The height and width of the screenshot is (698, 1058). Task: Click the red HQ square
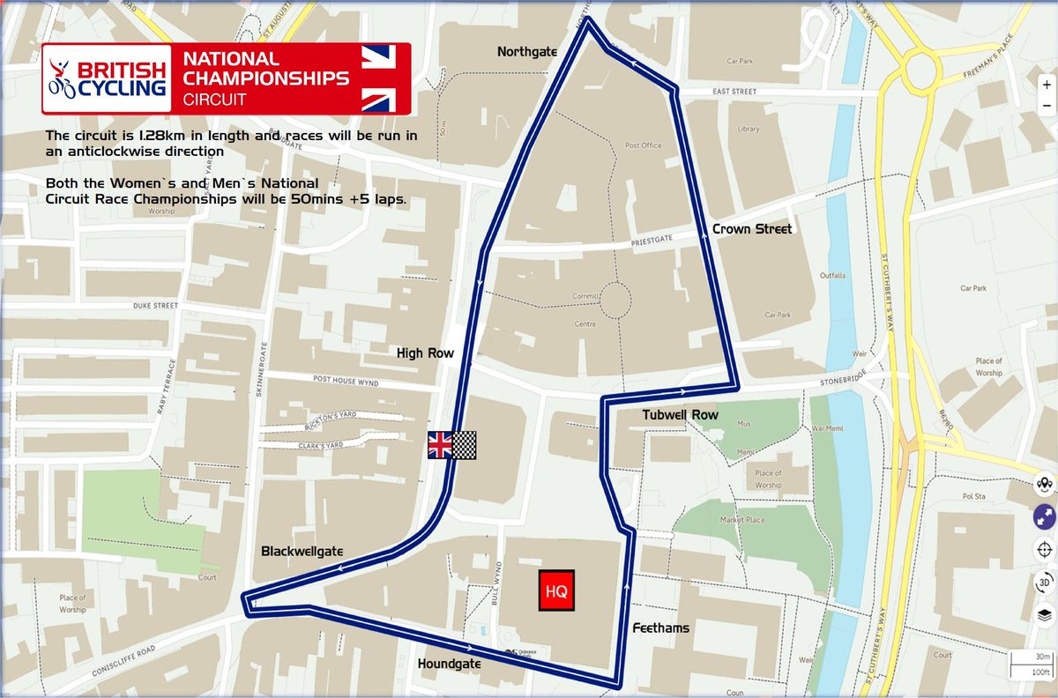556,590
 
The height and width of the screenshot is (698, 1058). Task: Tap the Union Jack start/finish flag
440,445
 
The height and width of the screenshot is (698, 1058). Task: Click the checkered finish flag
465,445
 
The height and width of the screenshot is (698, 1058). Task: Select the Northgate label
527,52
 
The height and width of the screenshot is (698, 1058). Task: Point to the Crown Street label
751,229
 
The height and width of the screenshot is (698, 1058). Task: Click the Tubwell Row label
680,414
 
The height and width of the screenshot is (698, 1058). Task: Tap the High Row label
425,353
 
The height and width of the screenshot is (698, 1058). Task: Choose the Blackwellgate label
302,551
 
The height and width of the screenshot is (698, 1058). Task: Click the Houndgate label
451,663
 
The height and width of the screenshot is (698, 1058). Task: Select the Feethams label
659,628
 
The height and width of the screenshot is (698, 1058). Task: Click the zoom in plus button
1046,85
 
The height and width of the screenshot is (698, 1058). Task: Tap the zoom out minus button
1046,105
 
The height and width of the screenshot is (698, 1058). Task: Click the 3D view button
1045,582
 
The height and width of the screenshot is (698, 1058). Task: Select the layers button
1045,614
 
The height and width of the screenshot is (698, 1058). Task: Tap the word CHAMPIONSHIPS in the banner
265,78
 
